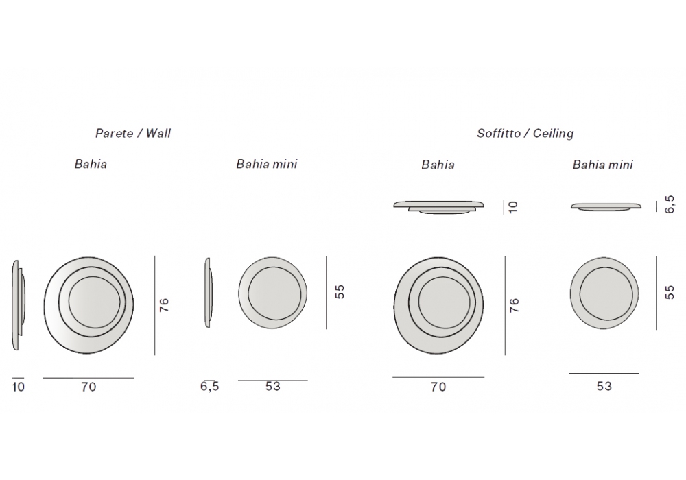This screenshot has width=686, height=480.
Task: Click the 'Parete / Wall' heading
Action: [133, 133]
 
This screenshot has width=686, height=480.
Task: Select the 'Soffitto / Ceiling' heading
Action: [525, 133]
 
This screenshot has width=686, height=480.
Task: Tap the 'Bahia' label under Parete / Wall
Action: [91, 164]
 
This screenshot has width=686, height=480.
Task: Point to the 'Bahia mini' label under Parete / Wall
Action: [266, 164]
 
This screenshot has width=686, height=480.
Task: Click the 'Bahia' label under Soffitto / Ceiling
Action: [438, 165]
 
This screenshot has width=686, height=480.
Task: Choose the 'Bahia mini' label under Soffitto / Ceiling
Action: [602, 165]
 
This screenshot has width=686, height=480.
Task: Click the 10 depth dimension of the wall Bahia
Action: [19, 387]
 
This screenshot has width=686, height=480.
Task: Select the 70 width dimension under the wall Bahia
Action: [88, 387]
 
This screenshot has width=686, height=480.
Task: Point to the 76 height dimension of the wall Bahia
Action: [164, 304]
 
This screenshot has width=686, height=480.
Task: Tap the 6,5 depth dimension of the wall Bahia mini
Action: [209, 387]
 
